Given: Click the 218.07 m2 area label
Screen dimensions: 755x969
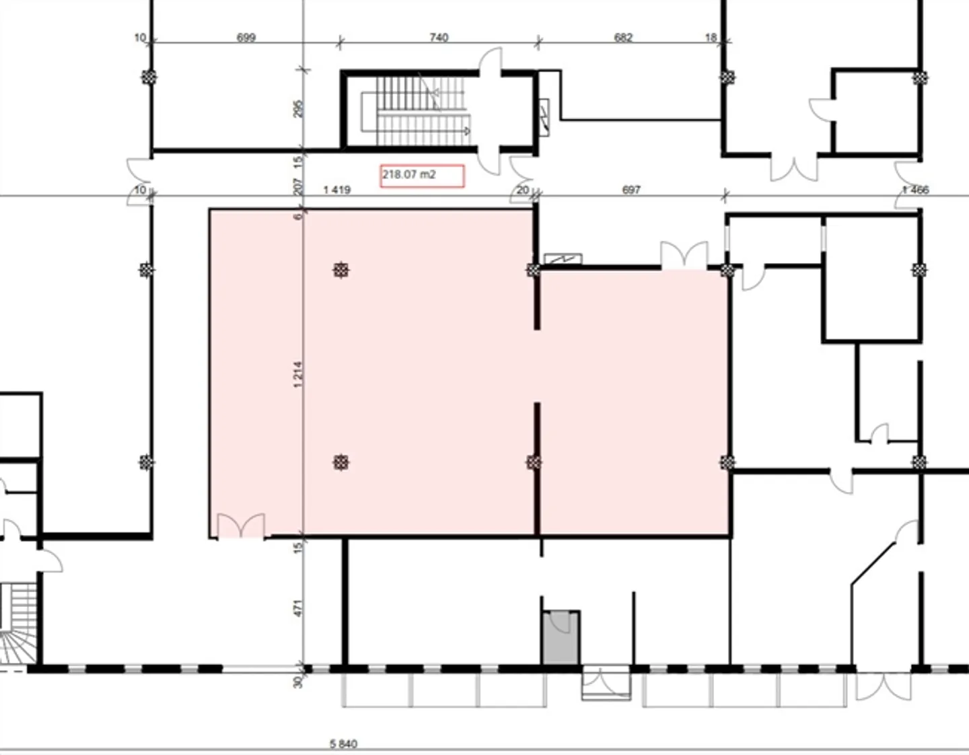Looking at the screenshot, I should [x=422, y=176].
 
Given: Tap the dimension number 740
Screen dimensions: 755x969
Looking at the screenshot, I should [x=439, y=38].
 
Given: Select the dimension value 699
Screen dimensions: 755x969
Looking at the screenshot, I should [x=246, y=38].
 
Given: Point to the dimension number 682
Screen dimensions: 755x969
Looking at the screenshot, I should [x=623, y=38].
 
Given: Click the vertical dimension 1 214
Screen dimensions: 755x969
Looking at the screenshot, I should [x=298, y=374].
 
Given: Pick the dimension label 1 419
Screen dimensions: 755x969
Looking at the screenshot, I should [x=336, y=190].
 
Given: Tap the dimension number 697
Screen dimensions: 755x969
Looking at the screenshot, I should [x=631, y=190].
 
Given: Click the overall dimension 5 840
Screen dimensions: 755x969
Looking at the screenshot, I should [x=343, y=744].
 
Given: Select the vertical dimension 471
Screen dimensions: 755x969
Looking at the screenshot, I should [x=299, y=608].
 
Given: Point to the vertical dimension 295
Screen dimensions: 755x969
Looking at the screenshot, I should [x=299, y=108].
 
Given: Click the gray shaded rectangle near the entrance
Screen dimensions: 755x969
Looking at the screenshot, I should [x=561, y=638].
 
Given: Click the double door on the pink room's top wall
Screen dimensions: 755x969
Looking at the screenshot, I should [x=684, y=256].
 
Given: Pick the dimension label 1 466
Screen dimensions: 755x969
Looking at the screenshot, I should [x=915, y=190].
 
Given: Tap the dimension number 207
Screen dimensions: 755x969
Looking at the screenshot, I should [x=299, y=185].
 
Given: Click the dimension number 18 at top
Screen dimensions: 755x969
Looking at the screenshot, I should [x=711, y=38].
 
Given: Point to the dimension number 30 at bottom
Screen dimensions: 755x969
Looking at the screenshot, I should [x=298, y=681].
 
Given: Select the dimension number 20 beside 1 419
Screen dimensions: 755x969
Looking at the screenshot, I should [x=522, y=190].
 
